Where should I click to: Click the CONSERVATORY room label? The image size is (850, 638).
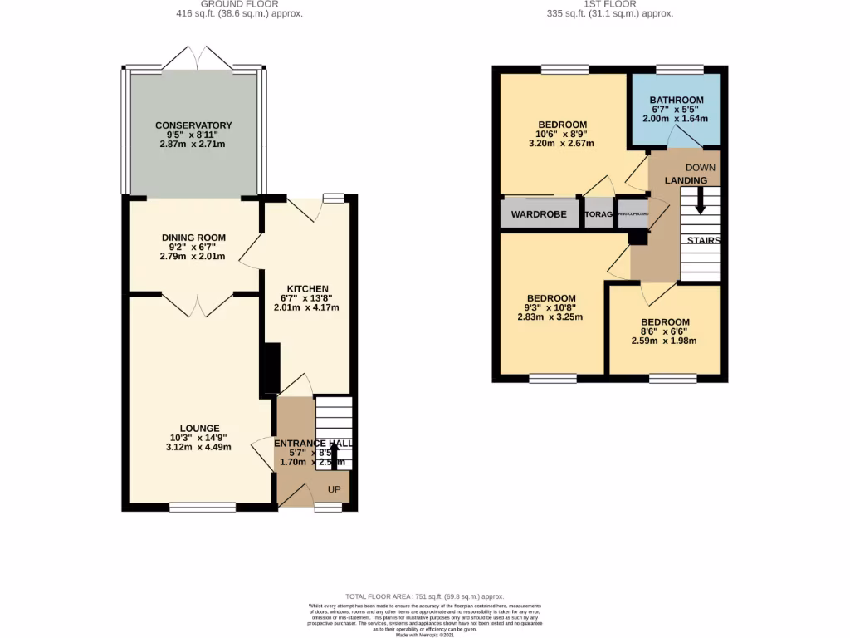click(x=193, y=125)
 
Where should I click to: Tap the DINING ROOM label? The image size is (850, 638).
click(x=193, y=238)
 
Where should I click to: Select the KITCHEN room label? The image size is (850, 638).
click(x=307, y=288)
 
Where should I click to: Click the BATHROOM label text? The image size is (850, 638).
click(x=677, y=100)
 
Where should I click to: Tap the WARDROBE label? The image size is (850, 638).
click(x=539, y=214)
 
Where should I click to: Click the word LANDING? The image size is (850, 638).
click(x=686, y=180)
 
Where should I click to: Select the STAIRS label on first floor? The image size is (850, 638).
click(x=703, y=241)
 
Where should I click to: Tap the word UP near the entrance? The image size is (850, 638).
click(x=335, y=489)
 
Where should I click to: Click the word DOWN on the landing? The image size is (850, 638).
click(x=701, y=167)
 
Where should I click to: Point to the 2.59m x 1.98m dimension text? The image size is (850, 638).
click(x=664, y=341)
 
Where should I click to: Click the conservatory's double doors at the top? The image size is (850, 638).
click(x=197, y=59)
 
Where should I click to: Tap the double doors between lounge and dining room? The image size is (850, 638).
click(x=198, y=305)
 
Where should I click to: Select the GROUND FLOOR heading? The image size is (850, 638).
click(x=239, y=4)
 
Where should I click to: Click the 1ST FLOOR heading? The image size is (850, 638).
click(x=610, y=4)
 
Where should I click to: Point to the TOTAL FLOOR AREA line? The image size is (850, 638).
click(x=424, y=596)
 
